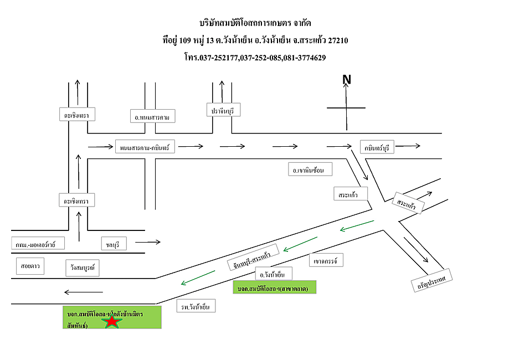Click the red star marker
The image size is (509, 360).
113,321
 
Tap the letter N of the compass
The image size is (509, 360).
347,80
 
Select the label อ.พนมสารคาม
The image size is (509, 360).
152,117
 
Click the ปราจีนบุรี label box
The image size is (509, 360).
224,110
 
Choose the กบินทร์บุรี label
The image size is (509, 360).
377,147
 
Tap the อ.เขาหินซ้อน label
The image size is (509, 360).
310,169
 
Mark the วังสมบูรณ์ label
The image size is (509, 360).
81,267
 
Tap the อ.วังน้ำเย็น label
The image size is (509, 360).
273,274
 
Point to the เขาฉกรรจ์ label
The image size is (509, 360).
325,259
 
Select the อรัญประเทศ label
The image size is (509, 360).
432,279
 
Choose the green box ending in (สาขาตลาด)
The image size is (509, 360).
275,288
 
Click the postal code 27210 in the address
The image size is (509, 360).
338,40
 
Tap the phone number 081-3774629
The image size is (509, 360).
304,57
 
